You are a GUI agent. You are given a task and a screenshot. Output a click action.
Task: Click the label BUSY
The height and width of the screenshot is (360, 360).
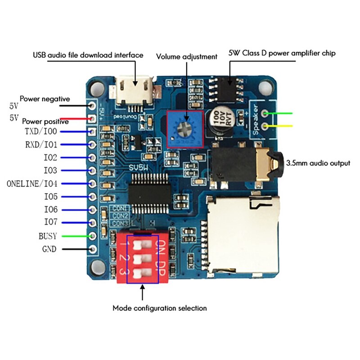[48, 236]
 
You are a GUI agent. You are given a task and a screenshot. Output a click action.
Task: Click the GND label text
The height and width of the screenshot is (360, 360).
[49, 249]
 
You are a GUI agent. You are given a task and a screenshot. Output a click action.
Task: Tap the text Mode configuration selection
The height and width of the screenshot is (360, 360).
[159, 308]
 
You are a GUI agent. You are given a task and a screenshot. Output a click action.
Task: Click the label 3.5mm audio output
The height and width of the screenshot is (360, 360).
[318, 163]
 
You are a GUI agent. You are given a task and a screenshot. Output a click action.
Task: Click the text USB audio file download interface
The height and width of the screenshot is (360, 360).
[88, 55]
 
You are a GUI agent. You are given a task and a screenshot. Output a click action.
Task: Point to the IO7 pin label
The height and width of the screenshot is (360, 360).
[50, 222]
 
